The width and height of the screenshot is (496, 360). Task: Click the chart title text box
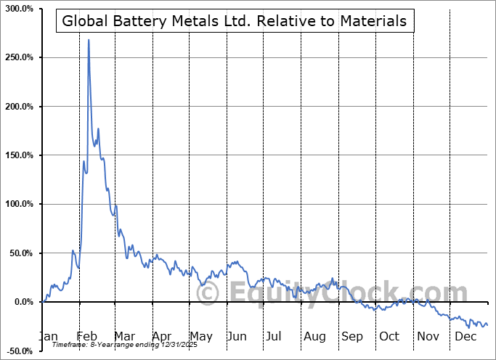[235, 21]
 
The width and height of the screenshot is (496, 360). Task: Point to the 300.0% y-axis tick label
[20, 8]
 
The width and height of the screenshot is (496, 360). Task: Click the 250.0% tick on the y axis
[20, 57]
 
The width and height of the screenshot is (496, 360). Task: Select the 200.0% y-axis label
[20, 107]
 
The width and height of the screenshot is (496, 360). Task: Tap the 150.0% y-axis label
[20, 155]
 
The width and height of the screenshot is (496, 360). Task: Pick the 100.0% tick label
[20, 205]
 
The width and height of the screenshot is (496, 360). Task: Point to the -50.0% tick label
[20, 351]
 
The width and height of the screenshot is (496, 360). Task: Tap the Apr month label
[161, 336]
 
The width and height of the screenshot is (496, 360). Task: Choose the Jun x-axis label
[236, 336]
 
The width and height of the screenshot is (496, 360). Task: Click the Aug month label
[314, 336]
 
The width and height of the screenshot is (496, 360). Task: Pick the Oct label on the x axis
[389, 336]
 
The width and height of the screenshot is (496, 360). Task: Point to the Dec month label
[463, 336]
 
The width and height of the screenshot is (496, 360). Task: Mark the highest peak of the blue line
[89, 40]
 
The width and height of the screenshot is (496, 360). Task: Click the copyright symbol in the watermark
[208, 294]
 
